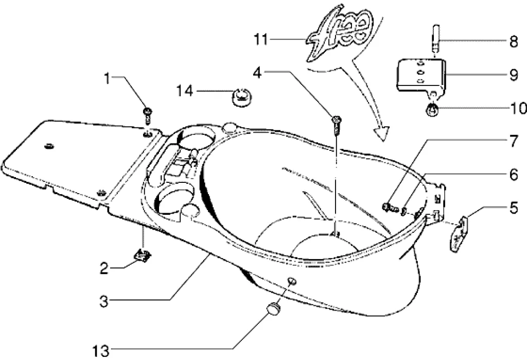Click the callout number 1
pos(107,79)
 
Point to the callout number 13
pos(101,351)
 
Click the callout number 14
pos(185,91)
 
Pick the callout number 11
pos(262,39)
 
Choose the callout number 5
pos(514,210)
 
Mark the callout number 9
pos(514,75)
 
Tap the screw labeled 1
pos(147,114)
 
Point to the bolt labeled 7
pos(390,207)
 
